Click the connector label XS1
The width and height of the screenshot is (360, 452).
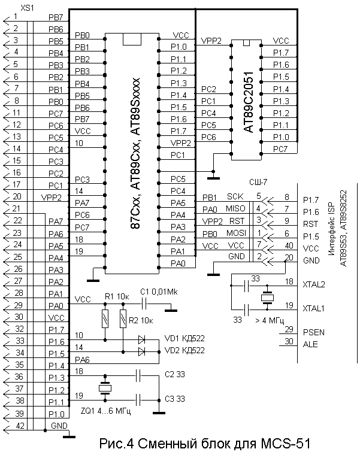[28, 7]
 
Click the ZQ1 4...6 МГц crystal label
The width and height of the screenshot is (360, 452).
[105, 414]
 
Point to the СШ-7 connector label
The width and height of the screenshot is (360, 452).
[258, 181]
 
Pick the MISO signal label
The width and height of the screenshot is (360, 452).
[235, 209]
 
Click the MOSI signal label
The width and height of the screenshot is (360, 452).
[235, 233]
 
